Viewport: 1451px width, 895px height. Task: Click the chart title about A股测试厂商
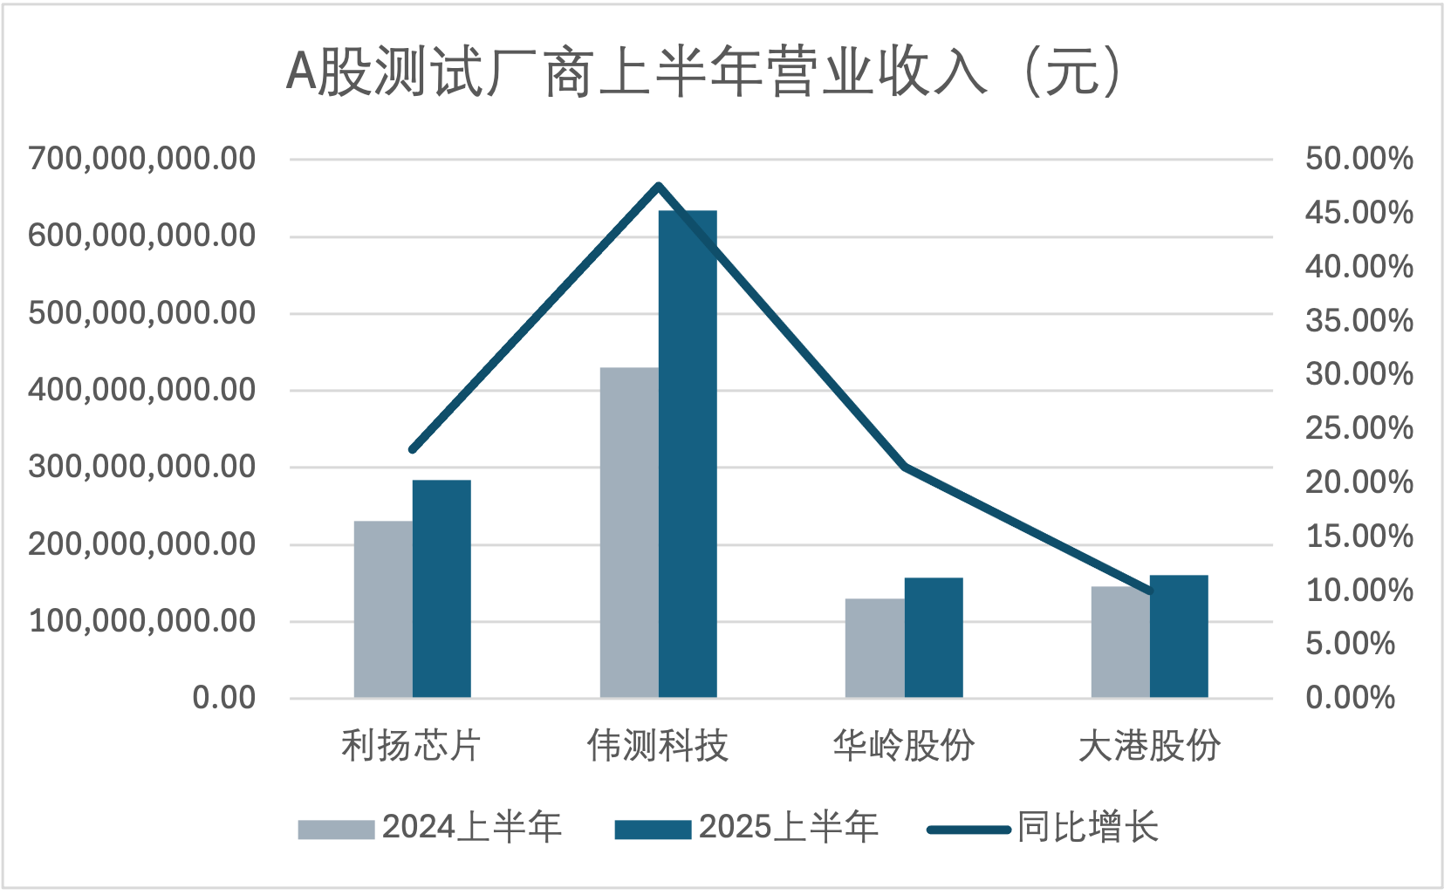[703, 72]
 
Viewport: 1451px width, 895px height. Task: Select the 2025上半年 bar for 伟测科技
[688, 454]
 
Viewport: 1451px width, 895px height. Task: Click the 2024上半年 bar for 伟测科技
[629, 532]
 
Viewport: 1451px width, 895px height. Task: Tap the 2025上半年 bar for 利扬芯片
[441, 589]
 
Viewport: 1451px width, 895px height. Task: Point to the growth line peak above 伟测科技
[659, 185]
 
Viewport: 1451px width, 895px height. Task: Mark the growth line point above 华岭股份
[905, 466]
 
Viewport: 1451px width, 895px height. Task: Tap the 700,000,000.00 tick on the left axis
[142, 159]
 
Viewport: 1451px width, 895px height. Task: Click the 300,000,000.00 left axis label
[142, 467]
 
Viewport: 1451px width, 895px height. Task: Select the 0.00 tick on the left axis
[223, 698]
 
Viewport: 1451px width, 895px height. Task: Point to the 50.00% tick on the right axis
[1359, 159]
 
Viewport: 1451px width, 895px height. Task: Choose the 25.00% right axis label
[1359, 428]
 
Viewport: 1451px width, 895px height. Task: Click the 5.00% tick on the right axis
[1350, 644]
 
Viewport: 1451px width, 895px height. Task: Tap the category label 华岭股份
[903, 746]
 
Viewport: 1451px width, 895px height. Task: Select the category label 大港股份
[1149, 746]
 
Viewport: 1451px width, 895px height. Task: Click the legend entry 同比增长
[1087, 827]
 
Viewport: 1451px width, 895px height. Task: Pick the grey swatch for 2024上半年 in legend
[336, 829]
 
